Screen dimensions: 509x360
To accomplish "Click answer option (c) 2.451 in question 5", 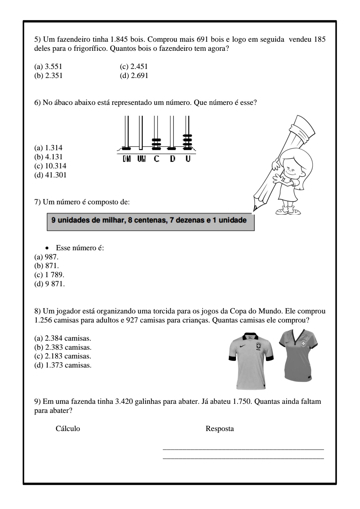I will point(134,66).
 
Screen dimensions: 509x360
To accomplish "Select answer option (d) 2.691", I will point(134,76).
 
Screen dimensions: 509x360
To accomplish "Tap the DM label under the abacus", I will point(127,159).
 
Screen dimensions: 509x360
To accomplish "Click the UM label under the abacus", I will point(141,159).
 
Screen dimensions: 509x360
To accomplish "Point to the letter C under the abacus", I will point(156,159).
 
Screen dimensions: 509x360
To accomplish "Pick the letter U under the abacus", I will point(188,159).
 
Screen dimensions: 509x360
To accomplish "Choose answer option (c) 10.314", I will point(50,166).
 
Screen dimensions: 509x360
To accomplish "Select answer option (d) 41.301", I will point(50,175).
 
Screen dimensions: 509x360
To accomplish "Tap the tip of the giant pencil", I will point(255,208).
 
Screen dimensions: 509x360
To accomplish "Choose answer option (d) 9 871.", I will point(50,284).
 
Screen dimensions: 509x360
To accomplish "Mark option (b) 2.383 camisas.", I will point(63,347).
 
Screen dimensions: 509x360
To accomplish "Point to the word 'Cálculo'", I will point(68,429).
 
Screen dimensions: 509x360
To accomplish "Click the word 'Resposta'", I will point(220,429).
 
